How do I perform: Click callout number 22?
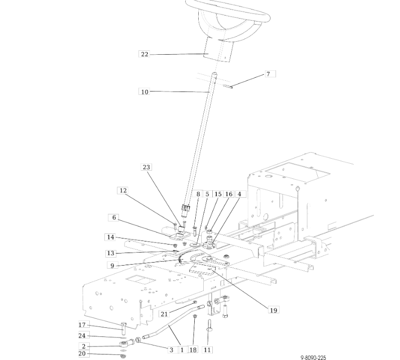click(x=145, y=54)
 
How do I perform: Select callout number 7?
click(x=268, y=74)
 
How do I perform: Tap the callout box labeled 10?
click(x=145, y=92)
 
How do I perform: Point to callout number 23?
click(x=147, y=167)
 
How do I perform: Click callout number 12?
click(x=123, y=190)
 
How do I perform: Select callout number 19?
click(x=273, y=310)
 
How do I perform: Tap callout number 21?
click(x=164, y=314)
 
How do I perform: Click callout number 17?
click(x=82, y=325)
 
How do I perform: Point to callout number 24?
click(x=82, y=335)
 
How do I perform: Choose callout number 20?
click(x=82, y=353)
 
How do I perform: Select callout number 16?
click(x=229, y=194)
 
